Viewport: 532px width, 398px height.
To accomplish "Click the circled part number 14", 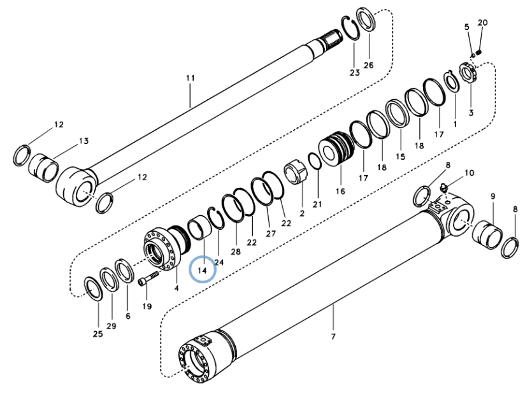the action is coord(202,270).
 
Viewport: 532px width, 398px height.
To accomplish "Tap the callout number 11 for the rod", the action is coord(191,78).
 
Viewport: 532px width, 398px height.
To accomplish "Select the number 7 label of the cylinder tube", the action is coord(333,336).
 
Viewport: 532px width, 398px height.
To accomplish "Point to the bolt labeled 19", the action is coord(148,278).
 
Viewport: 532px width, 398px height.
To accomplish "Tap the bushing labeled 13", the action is coord(43,168).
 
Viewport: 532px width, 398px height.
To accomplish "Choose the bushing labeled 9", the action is coord(487,234).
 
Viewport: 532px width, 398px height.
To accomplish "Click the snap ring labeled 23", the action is coord(350,28).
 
